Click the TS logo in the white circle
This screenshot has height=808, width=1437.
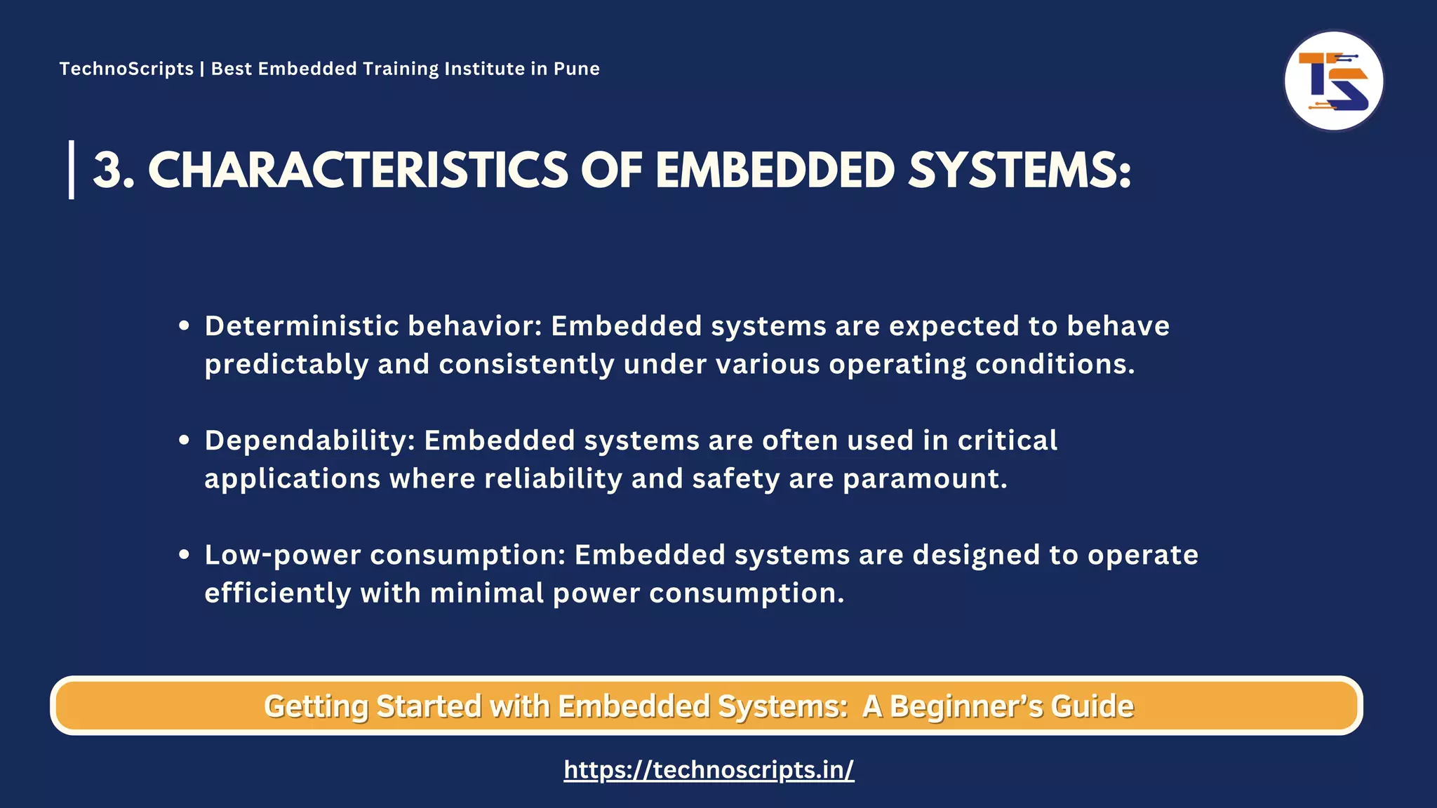[x=1333, y=81]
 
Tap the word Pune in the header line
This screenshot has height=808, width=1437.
[x=576, y=69]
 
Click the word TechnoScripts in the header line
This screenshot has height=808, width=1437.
[x=126, y=69]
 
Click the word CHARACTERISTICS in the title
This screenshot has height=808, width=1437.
[x=358, y=170]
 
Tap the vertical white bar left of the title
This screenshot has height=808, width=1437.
[x=72, y=170]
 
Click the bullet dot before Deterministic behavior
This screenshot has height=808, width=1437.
[x=185, y=325]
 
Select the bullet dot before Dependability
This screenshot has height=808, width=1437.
[x=185, y=440]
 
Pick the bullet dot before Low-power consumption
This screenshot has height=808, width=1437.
[x=185, y=554]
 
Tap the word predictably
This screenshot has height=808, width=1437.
[x=286, y=365]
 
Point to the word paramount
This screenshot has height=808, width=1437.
[x=925, y=479]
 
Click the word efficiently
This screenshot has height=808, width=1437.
[x=277, y=593]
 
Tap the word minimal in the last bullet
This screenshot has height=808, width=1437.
[x=487, y=593]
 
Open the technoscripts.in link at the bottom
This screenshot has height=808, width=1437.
[x=709, y=770]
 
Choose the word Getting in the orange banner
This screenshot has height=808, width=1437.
[x=316, y=706]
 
